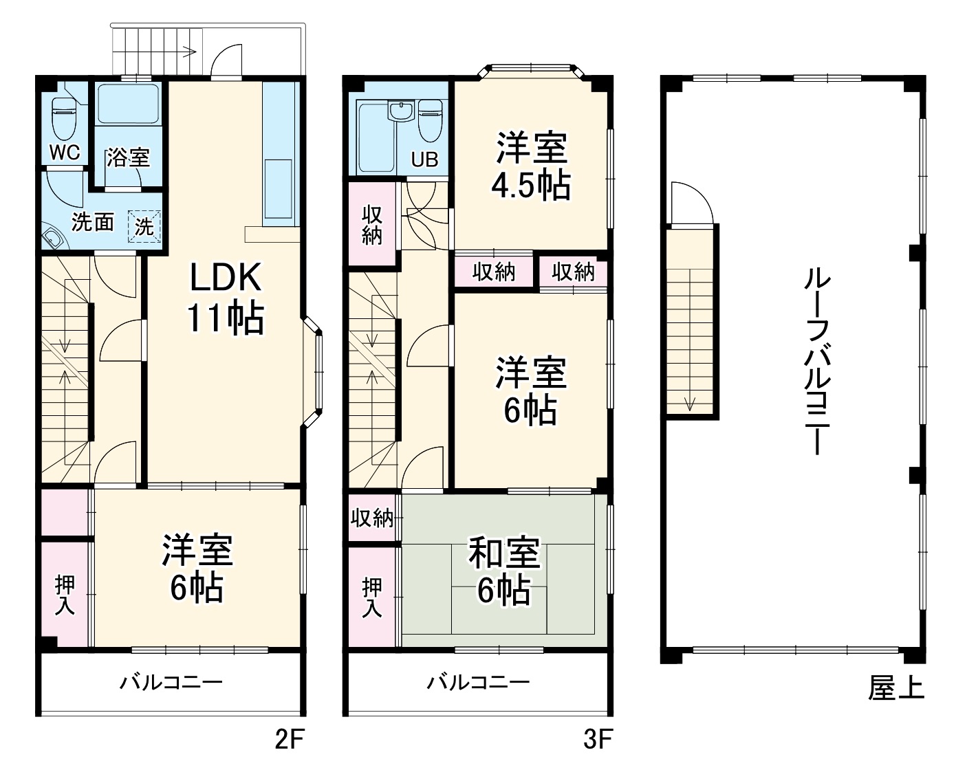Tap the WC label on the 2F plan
pyautogui.click(x=65, y=152)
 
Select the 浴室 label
pyautogui.click(x=128, y=157)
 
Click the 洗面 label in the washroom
pyautogui.click(x=93, y=222)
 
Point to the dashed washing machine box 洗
pyautogui.click(x=144, y=226)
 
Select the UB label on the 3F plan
pyautogui.click(x=424, y=159)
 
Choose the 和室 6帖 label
pyautogui.click(x=504, y=572)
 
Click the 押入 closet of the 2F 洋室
pyautogui.click(x=65, y=595)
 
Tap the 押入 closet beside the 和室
pyautogui.click(x=372, y=596)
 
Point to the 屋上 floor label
pyautogui.click(x=895, y=687)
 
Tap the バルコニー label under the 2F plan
pyautogui.click(x=171, y=683)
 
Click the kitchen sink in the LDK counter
pyautogui.click(x=278, y=190)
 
